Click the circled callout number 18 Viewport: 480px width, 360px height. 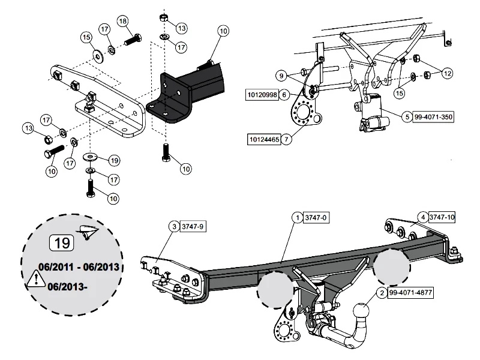(123, 22)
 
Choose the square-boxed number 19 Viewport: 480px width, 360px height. (61, 242)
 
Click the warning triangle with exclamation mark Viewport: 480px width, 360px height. (35, 278)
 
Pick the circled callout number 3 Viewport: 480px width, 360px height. (174, 226)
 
